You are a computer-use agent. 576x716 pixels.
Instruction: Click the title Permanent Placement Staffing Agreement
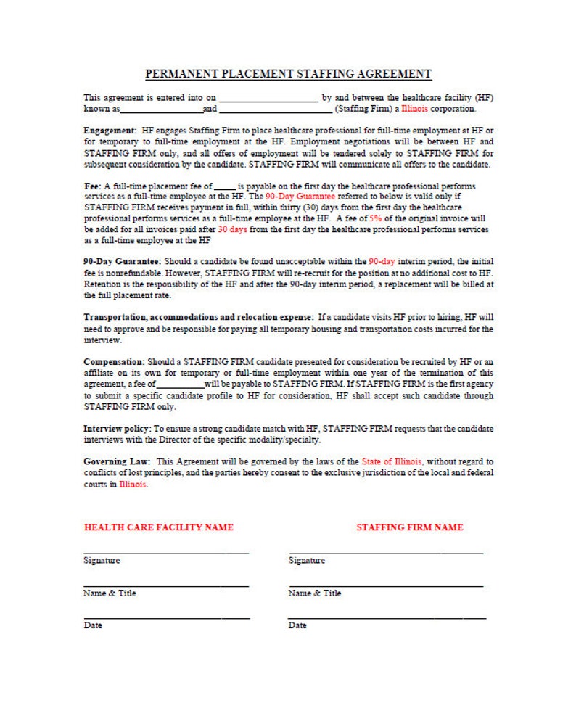(x=288, y=74)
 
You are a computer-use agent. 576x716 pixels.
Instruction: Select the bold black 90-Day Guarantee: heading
(x=123, y=261)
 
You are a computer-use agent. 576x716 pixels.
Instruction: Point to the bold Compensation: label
(x=114, y=361)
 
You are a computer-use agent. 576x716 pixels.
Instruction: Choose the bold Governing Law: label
(x=117, y=461)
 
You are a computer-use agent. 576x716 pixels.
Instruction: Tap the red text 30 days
(x=233, y=229)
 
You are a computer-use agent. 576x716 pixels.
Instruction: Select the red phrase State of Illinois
(x=392, y=461)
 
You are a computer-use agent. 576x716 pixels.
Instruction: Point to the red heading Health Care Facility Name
(x=159, y=527)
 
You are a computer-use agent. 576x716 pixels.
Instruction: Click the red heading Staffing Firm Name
(x=409, y=527)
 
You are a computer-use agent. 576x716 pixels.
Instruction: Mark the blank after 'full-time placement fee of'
(x=225, y=187)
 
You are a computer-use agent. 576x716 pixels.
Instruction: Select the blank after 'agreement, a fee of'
(x=180, y=384)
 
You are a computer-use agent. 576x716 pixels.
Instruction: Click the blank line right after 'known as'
(x=161, y=110)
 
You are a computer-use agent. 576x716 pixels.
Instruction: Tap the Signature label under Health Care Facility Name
(x=102, y=561)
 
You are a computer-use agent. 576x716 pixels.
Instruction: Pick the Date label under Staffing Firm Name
(x=297, y=625)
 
